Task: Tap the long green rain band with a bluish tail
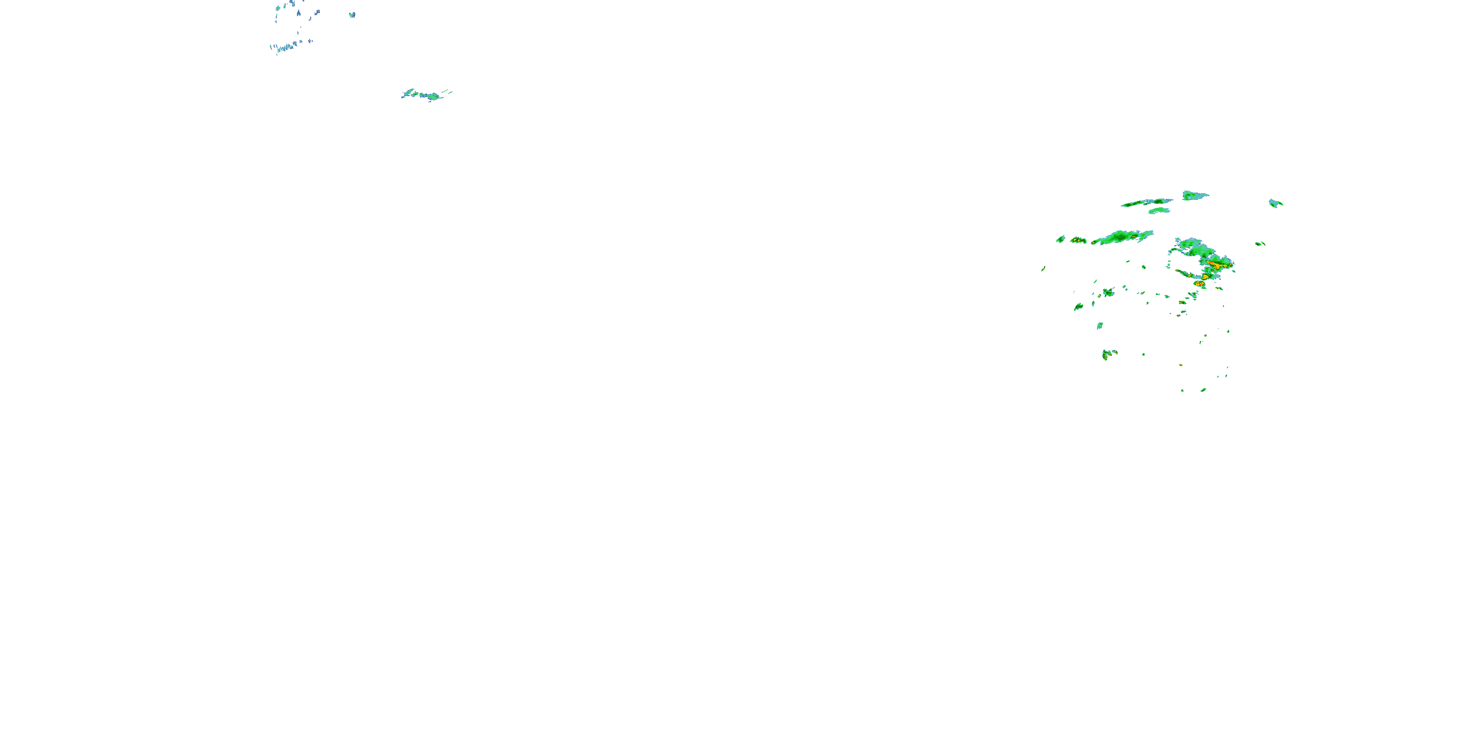(x=1121, y=237)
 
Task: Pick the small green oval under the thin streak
(x=1159, y=211)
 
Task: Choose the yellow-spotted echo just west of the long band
(x=1078, y=240)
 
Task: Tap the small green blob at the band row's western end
(x=1060, y=239)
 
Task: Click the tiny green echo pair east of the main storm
(x=1259, y=244)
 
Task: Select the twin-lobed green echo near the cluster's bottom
(x=1109, y=354)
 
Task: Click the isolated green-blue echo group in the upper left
(x=426, y=95)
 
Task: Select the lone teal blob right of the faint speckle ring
(x=352, y=15)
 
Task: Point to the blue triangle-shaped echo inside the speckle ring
(x=298, y=12)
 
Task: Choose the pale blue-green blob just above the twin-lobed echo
(x=1100, y=326)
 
